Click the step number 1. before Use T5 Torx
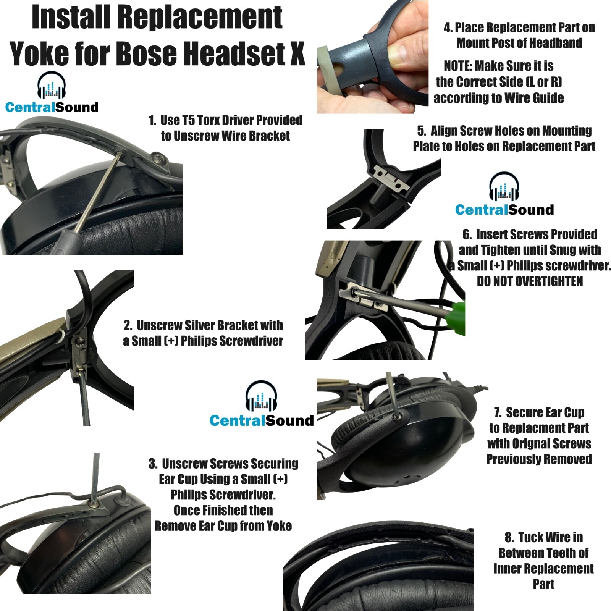[152, 121]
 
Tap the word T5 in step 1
[188, 120]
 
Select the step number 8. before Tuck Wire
[509, 538]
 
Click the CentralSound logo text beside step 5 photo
[504, 210]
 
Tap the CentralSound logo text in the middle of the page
[262, 420]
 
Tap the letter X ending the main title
[297, 53]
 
